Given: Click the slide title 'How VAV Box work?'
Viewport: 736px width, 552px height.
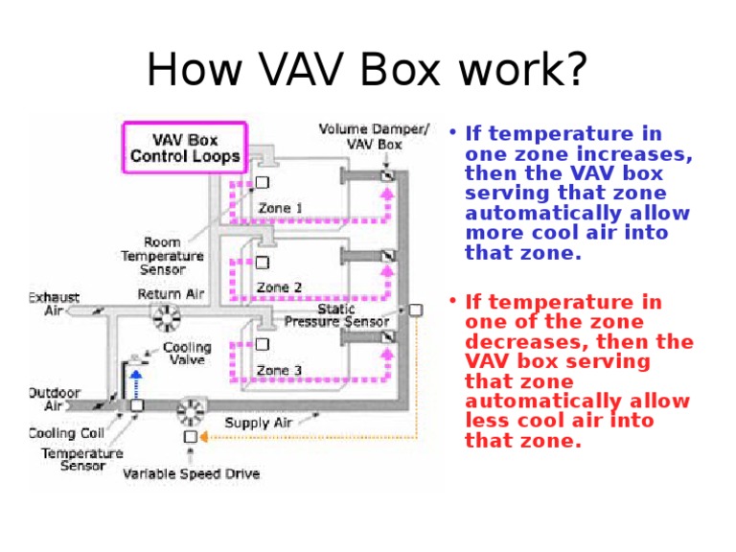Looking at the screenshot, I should (367, 71).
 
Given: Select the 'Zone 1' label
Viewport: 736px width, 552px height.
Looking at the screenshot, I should (280, 208).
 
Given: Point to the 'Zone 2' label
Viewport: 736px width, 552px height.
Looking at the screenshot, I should (279, 287).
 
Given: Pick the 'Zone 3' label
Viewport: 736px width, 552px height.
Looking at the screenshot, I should (279, 370).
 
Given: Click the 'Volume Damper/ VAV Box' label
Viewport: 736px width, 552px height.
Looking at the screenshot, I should (374, 136).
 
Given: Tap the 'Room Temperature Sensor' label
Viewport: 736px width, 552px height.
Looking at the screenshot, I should (162, 256).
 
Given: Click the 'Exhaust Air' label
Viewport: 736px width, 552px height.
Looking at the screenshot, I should (55, 303).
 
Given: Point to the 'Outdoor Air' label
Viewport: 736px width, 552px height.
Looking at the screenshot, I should (55, 399).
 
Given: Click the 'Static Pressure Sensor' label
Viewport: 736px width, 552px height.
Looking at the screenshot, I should (336, 315).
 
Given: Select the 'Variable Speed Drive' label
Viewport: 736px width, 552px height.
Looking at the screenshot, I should (191, 473).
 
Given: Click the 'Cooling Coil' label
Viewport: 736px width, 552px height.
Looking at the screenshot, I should (66, 433).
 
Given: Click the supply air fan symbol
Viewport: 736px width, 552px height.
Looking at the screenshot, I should (190, 410).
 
